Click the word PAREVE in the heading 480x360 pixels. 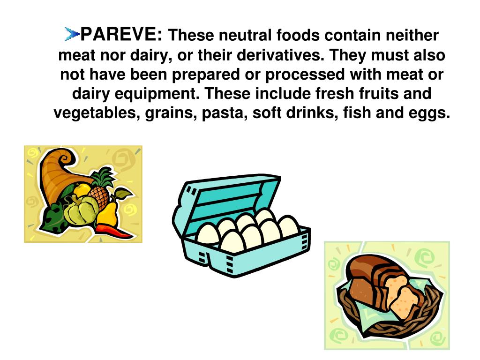pyautogui.click(x=122, y=34)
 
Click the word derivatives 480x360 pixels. pyautogui.click(x=275, y=55)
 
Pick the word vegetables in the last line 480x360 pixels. pyautogui.click(x=93, y=113)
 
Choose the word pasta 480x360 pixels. pyautogui.click(x=225, y=113)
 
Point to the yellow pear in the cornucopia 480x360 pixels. pyautogui.click(x=109, y=213)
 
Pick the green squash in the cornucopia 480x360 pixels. pyautogui.click(x=80, y=211)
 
